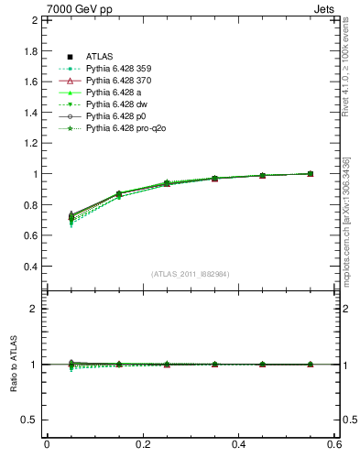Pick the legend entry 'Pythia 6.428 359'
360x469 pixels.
tap(119, 69)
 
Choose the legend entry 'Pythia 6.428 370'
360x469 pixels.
tap(119, 81)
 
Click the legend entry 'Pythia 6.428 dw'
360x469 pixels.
tap(116, 104)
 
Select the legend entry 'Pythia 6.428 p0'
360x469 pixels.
tap(116, 116)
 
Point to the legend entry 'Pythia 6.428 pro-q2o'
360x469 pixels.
tap(125, 128)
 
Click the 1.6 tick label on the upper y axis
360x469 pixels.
tap(30, 82)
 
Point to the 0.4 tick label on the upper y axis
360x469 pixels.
tap(30, 267)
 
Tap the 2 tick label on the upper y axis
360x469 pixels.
tap(34, 20)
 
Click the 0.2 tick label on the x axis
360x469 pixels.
tap(142, 444)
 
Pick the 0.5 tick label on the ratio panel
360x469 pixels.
tap(30, 420)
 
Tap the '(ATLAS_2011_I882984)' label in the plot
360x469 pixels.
tap(191, 274)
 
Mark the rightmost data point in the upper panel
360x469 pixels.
tap(310, 173)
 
